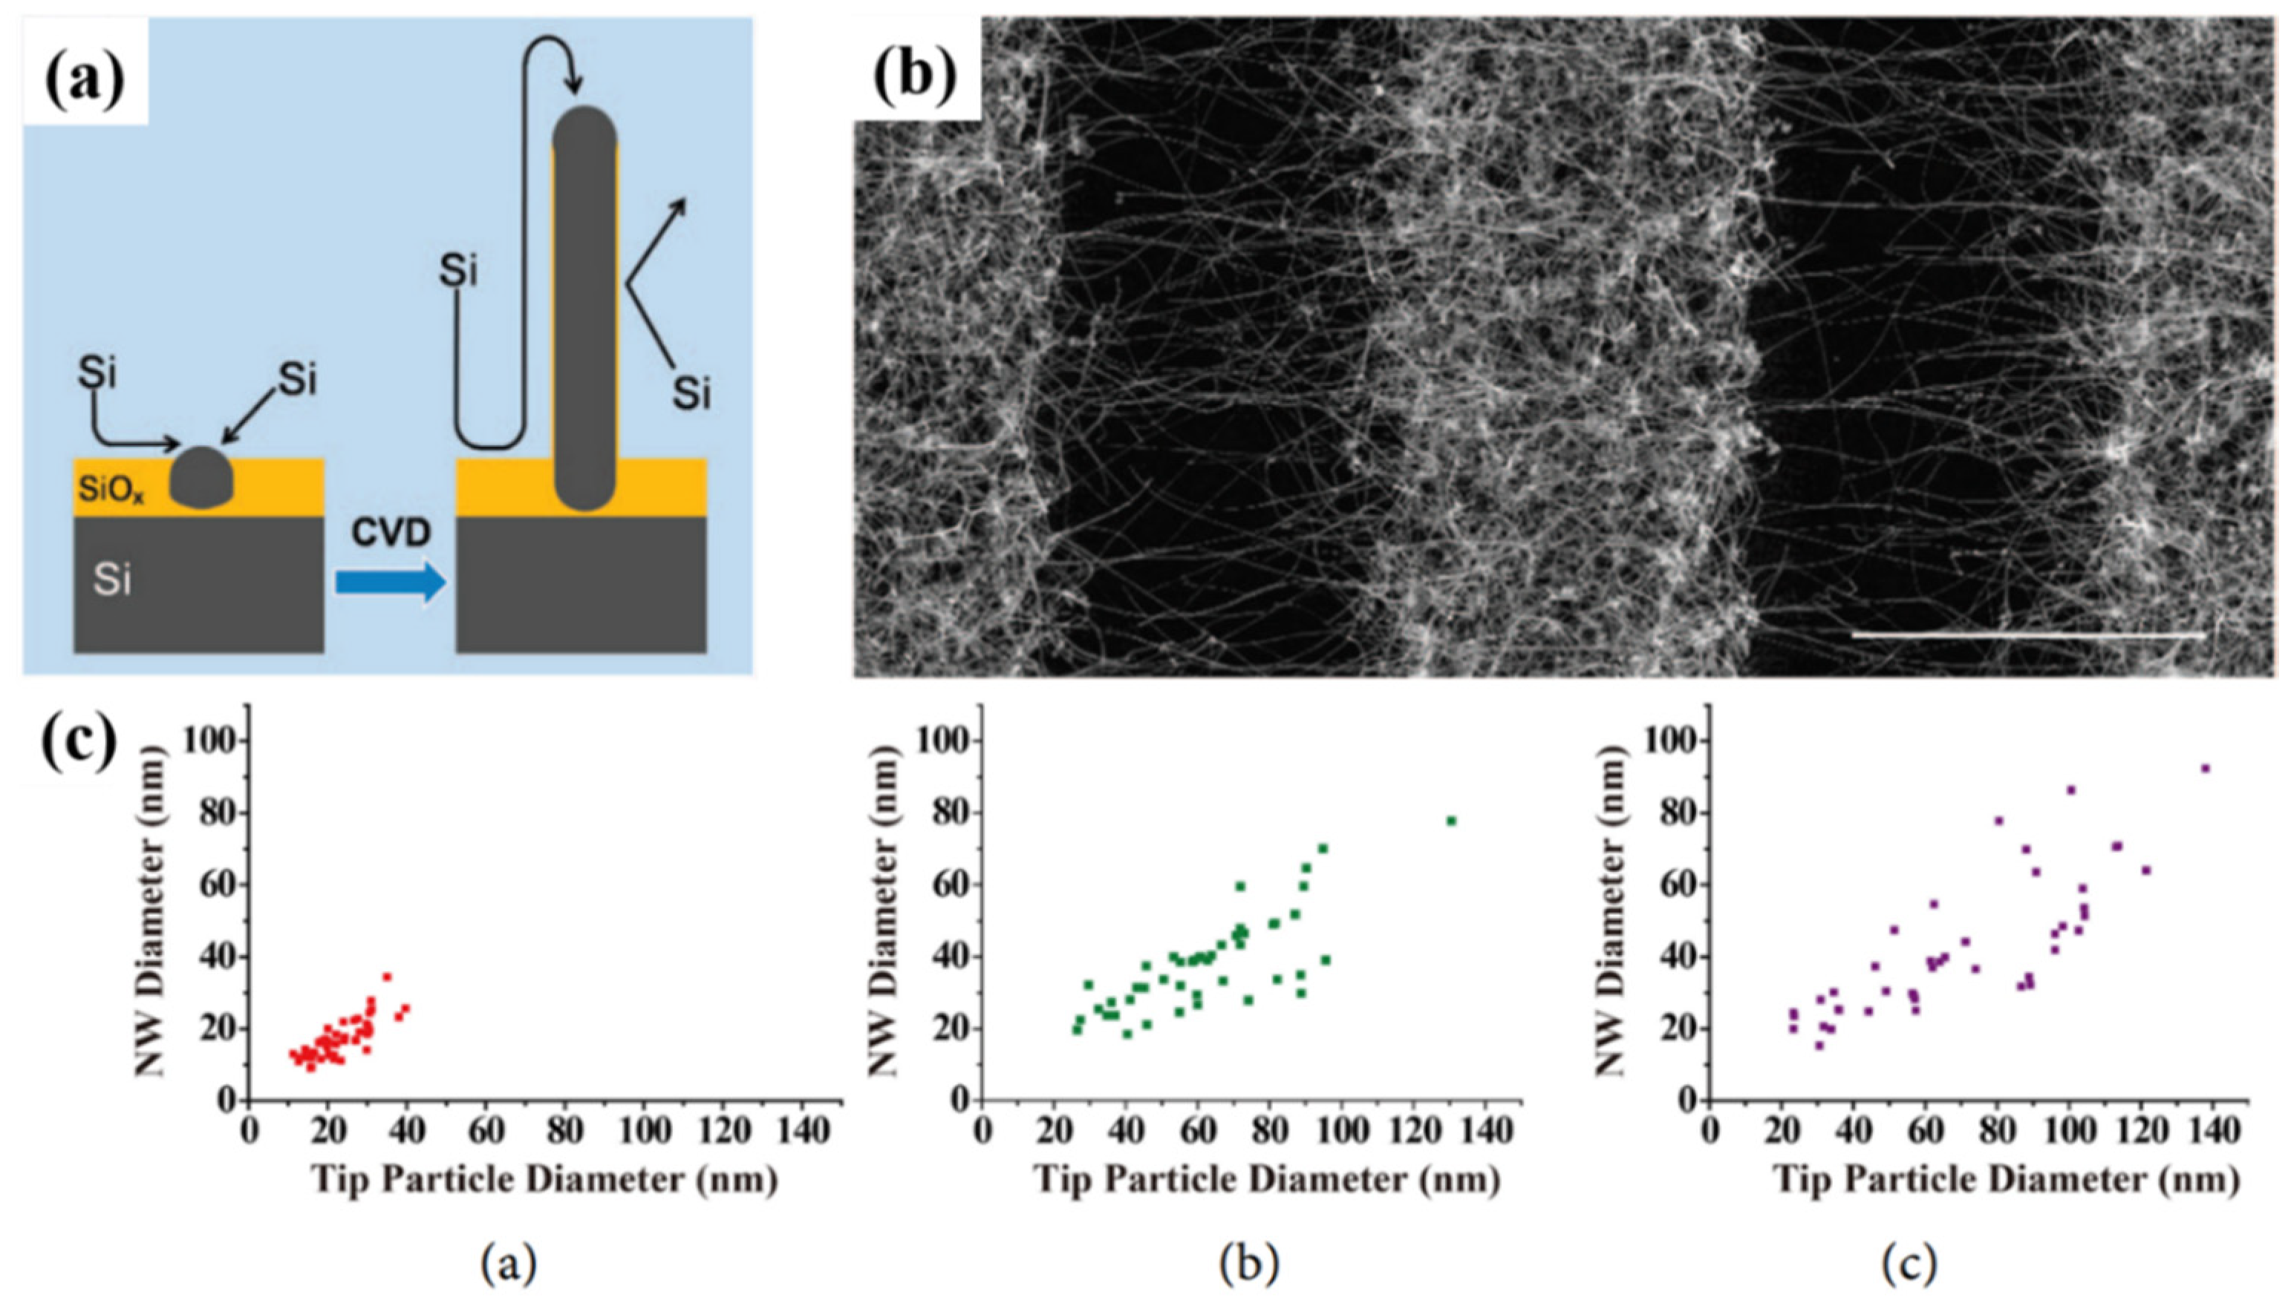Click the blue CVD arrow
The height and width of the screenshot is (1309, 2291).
391,582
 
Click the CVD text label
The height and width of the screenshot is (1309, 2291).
391,534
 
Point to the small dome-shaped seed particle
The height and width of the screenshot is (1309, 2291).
203,476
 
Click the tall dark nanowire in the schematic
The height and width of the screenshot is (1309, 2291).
584,315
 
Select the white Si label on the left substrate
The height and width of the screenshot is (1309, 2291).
111,582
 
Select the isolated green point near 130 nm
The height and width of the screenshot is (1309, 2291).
1451,821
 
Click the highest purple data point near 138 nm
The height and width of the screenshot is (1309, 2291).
2205,769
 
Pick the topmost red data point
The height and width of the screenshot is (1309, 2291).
387,977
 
